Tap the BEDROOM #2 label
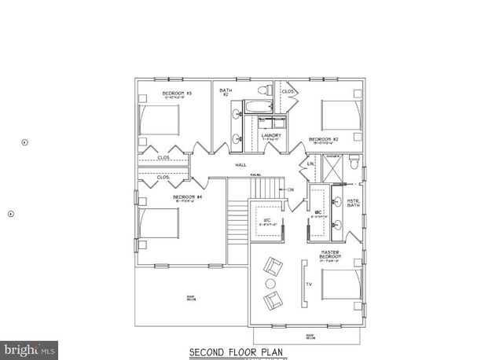click(x=325, y=139)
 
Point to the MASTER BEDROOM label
click(x=330, y=255)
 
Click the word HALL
click(x=240, y=165)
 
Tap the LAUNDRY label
click(x=271, y=135)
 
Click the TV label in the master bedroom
click(x=308, y=283)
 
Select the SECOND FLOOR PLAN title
click(x=234, y=351)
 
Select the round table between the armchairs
click(x=270, y=283)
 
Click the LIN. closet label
click(x=310, y=163)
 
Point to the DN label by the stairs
click(x=290, y=189)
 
